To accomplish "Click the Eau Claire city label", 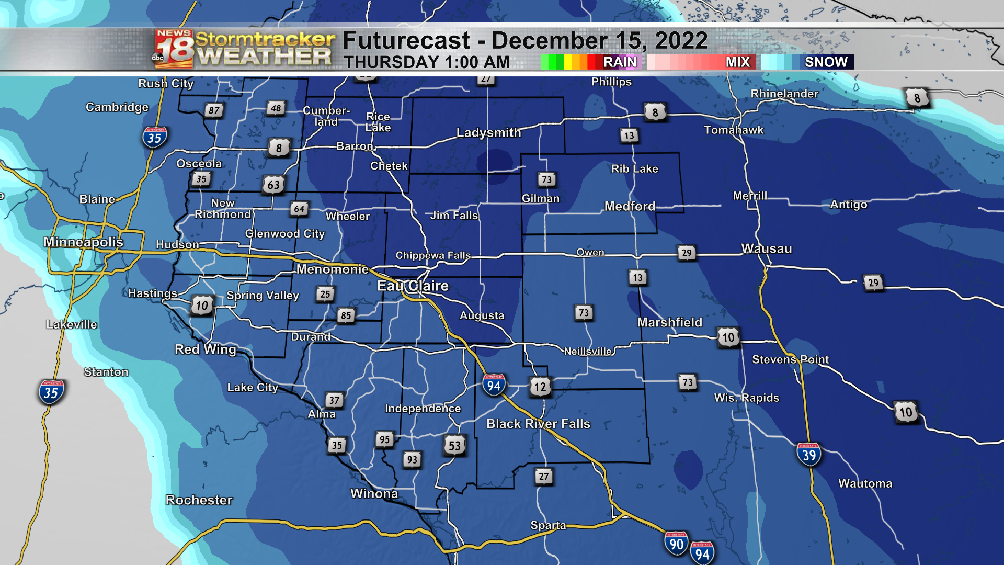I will [413, 286].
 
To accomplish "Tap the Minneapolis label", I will [83, 242].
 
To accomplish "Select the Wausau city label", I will [766, 248].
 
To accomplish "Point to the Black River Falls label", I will [538, 423].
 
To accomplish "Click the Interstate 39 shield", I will [808, 455].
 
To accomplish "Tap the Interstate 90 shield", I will [676, 544].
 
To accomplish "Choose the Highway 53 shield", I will [454, 445].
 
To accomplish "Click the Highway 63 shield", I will [273, 185].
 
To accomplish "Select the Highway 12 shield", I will [540, 387].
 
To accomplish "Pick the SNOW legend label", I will [826, 62].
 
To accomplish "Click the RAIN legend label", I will [620, 62].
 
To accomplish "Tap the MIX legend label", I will [737, 62].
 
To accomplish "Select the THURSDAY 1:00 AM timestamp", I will [427, 62].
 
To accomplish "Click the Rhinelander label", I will [784, 94].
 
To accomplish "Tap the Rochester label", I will [199, 500].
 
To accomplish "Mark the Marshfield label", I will [669, 322].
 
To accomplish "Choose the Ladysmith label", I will [488, 132].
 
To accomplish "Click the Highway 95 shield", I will [384, 439].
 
